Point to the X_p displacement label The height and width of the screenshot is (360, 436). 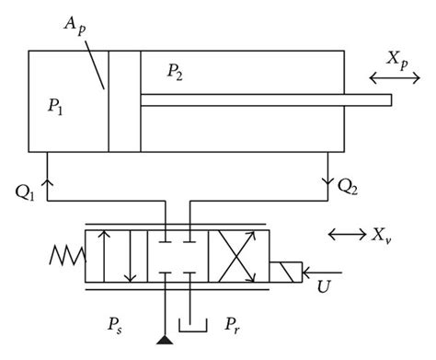coord(399,62)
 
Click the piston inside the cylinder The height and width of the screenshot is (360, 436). coord(124,100)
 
